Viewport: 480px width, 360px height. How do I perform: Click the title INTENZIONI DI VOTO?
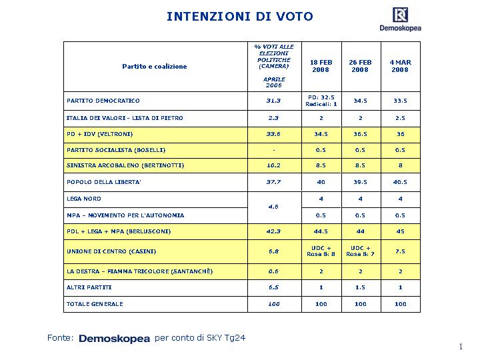[240, 17]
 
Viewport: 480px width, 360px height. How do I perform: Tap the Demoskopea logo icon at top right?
[400, 15]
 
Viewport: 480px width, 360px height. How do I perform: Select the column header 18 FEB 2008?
[321, 66]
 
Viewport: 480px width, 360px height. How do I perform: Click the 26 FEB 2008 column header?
[360, 66]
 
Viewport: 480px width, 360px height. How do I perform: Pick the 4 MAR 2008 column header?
[400, 66]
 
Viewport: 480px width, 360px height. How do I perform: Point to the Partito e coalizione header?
[155, 67]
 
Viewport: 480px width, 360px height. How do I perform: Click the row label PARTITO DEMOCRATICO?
[103, 101]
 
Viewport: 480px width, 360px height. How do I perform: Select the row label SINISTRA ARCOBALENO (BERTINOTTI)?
[125, 165]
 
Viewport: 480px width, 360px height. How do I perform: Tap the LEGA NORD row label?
[84, 199]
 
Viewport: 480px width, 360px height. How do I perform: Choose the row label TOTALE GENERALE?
[95, 304]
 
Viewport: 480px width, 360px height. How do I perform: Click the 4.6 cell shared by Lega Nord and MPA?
[273, 207]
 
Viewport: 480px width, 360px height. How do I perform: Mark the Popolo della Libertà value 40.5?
[400, 182]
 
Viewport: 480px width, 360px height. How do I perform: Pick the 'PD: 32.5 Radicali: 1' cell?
[321, 101]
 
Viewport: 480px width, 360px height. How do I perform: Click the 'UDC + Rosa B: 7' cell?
[360, 251]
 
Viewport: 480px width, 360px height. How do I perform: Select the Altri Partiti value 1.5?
[360, 287]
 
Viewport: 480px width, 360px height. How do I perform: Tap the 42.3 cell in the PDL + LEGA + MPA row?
[273, 231]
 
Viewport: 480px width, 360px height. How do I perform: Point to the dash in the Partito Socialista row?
[274, 150]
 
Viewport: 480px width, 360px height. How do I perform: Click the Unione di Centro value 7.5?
[400, 251]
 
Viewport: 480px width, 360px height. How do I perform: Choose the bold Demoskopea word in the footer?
[114, 339]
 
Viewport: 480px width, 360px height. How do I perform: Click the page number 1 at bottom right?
[461, 347]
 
